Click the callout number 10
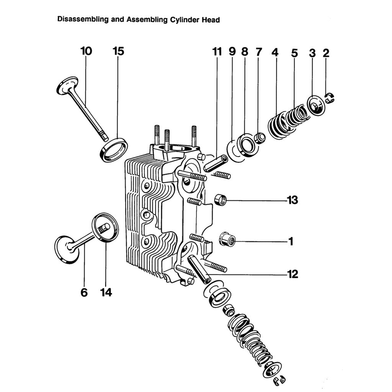(x=86, y=51)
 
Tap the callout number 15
(x=119, y=51)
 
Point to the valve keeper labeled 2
(x=330, y=98)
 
